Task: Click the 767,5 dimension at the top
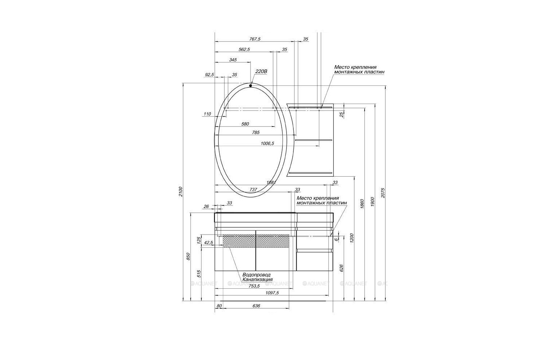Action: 255,39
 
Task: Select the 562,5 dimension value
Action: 244,49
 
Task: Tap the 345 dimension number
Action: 233,60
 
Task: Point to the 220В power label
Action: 261,71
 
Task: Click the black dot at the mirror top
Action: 251,86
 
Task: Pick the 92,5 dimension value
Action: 209,75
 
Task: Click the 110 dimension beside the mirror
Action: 207,114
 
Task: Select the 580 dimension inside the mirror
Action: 245,124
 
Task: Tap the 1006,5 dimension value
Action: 267,143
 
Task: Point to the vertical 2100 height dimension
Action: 181,191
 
